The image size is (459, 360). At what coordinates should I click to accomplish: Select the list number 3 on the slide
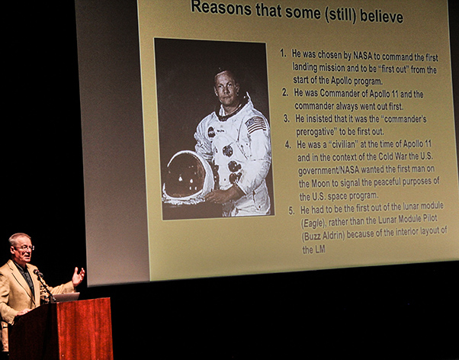tap(287, 118)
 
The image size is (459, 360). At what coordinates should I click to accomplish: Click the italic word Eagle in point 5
tap(313, 223)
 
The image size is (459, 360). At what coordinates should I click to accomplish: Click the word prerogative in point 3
tap(316, 132)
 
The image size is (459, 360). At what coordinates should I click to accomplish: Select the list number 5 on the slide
tap(291, 211)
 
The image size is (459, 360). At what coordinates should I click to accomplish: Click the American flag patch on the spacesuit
tap(256, 124)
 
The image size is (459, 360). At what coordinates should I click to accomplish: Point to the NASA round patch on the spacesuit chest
tap(211, 132)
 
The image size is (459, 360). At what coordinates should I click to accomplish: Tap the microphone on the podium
tap(38, 273)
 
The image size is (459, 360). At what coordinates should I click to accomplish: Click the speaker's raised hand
tap(78, 276)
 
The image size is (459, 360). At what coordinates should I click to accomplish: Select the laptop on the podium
tap(66, 297)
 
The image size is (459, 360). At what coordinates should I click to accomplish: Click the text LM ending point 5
tap(314, 250)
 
